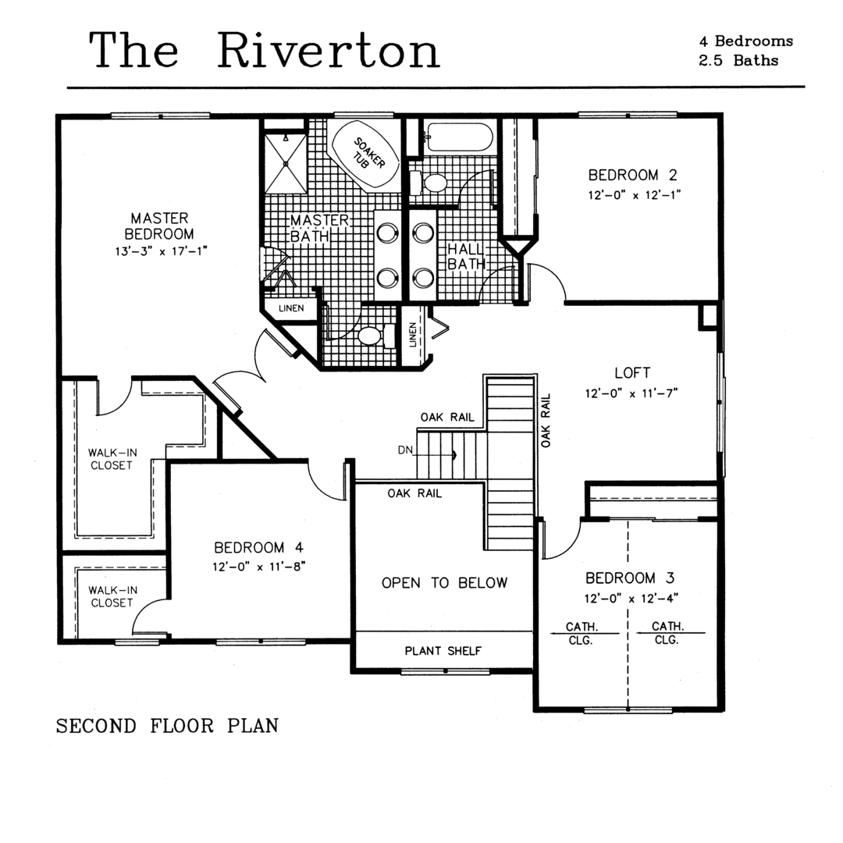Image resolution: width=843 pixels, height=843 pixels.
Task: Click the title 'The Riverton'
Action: click(x=265, y=50)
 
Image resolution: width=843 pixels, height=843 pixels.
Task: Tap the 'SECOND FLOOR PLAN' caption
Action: click(x=167, y=726)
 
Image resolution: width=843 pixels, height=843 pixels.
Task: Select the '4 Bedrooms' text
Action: click(x=745, y=41)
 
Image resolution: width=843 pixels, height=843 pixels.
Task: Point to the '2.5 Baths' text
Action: click(x=738, y=60)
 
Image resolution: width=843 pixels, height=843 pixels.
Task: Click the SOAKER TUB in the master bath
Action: click(x=366, y=155)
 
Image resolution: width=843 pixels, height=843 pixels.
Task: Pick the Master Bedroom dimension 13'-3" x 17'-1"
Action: click(x=162, y=251)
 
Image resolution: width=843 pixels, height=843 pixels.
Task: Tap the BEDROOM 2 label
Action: click(x=633, y=175)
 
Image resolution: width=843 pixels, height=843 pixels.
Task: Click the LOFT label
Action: click(x=632, y=372)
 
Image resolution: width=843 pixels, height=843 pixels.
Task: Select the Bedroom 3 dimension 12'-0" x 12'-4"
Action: click(x=631, y=598)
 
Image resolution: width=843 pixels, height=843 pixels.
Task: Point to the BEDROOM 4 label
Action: click(x=258, y=547)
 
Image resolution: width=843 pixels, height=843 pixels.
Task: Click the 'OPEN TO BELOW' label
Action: click(x=444, y=583)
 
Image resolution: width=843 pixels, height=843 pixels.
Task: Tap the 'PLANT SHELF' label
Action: click(x=443, y=651)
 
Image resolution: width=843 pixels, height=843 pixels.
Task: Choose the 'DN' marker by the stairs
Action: click(x=405, y=450)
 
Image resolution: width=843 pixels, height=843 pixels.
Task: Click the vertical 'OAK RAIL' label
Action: click(x=546, y=421)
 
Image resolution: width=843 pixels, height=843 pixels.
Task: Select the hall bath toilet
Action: click(x=429, y=183)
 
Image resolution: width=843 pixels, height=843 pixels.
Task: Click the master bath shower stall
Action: click(x=286, y=163)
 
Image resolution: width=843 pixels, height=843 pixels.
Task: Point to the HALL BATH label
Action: click(x=466, y=257)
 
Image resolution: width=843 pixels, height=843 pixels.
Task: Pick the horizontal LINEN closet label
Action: click(x=291, y=308)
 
